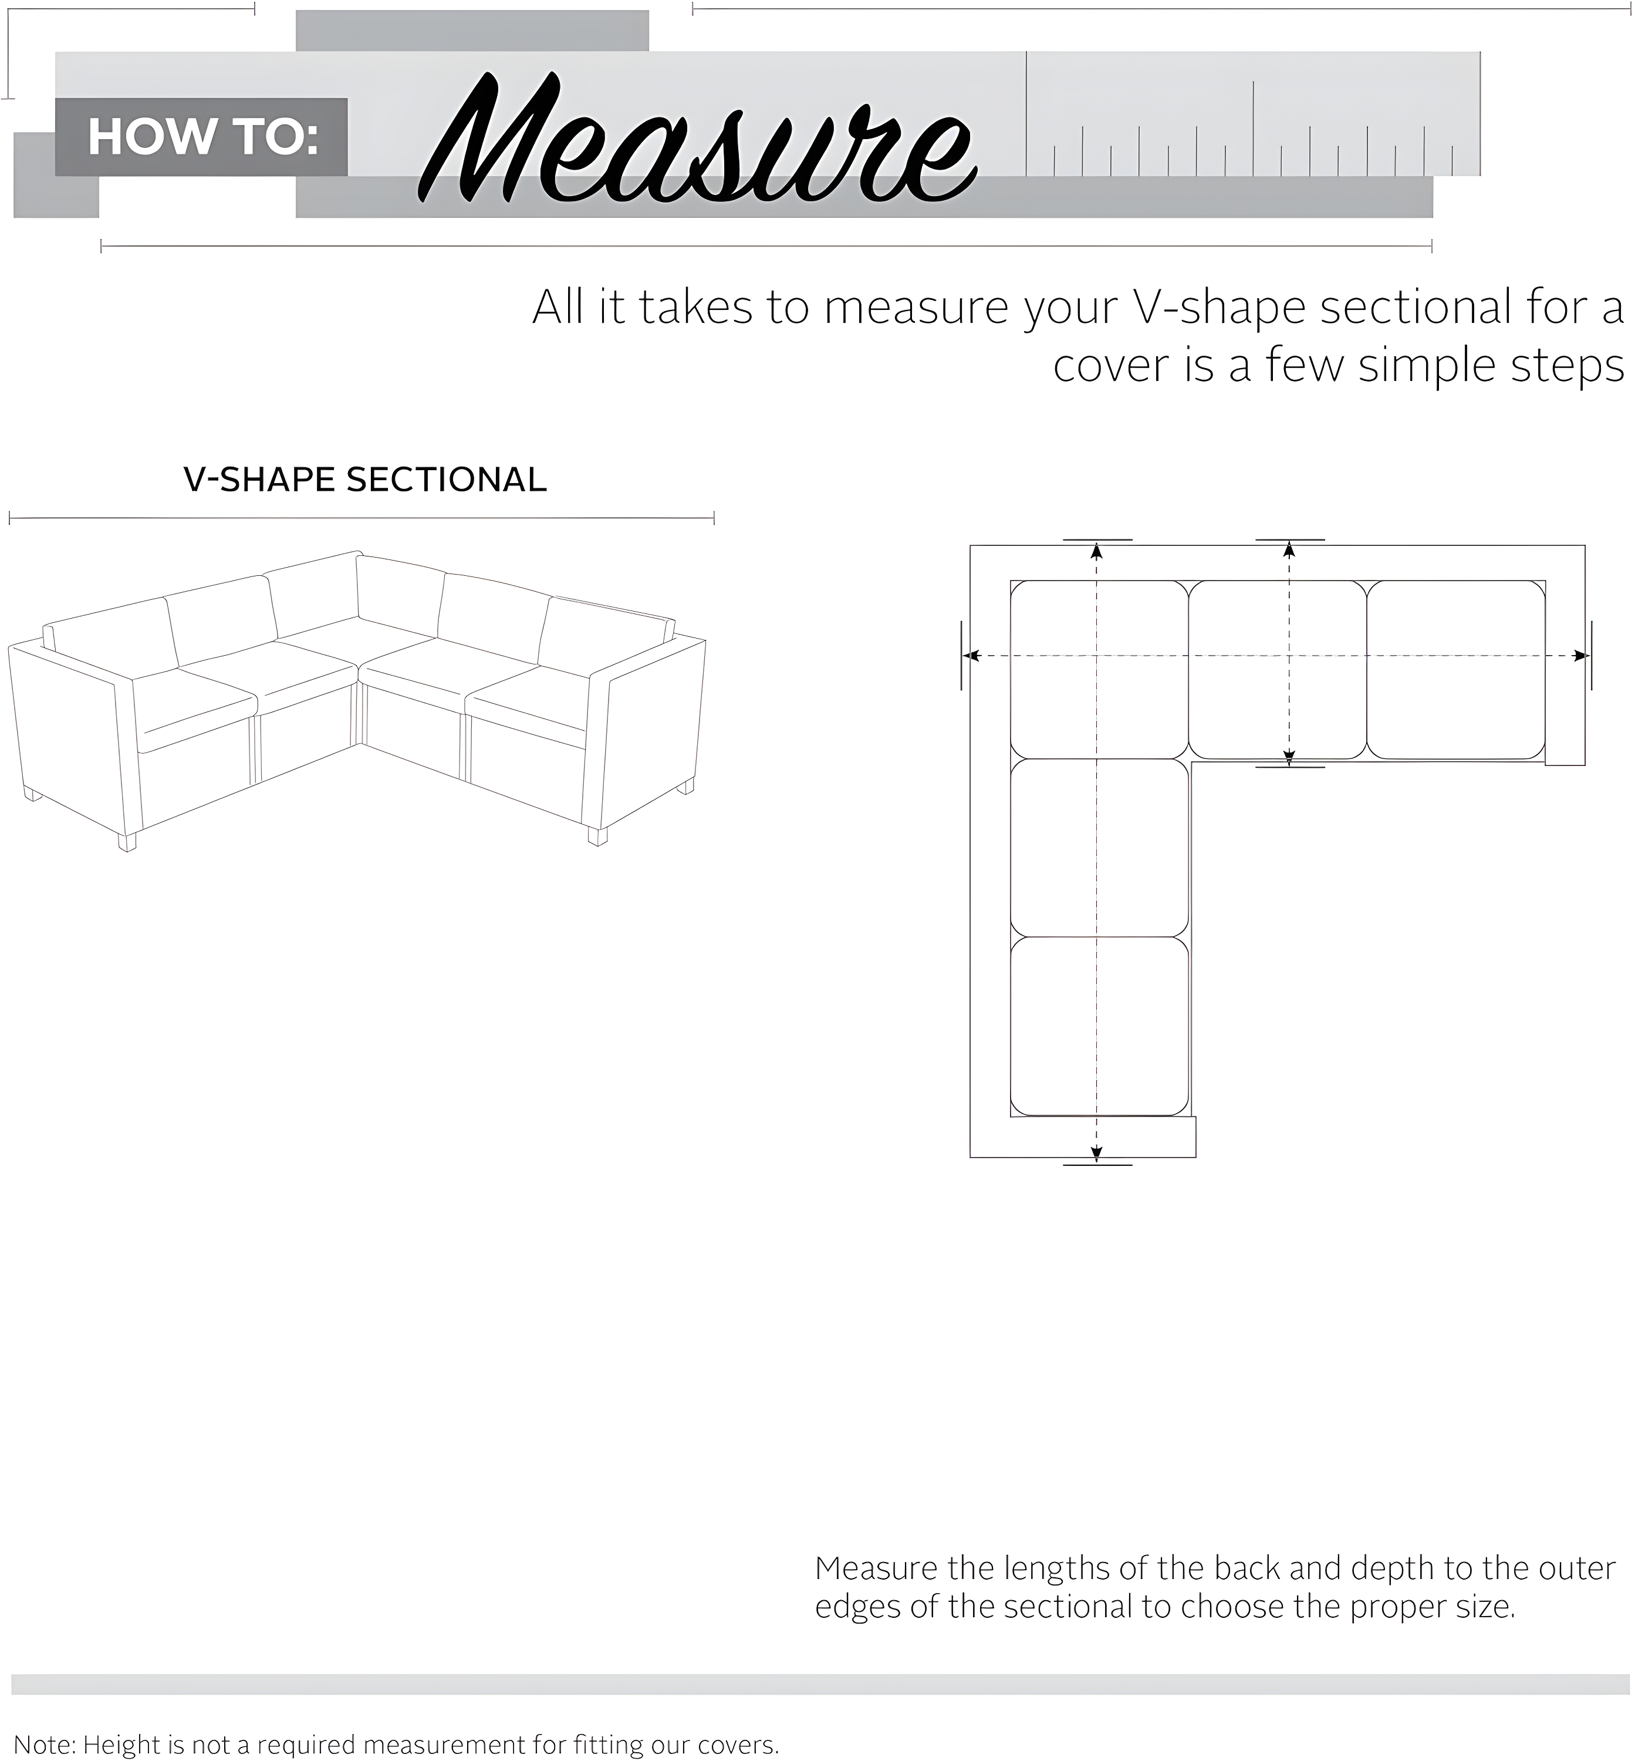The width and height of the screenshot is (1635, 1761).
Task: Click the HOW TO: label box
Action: tap(202, 137)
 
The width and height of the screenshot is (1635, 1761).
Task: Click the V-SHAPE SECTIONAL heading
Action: tap(364, 480)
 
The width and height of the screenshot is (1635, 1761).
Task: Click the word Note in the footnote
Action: tap(44, 1744)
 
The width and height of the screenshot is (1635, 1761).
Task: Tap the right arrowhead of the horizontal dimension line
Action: tap(1579, 656)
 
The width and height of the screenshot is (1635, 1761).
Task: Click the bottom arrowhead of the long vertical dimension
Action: tap(1096, 1153)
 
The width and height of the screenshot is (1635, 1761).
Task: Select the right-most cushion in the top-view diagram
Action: tap(1455, 670)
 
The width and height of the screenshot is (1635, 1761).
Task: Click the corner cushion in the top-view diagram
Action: tap(1099, 670)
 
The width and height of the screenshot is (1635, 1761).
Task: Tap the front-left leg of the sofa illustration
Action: tap(127, 842)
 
